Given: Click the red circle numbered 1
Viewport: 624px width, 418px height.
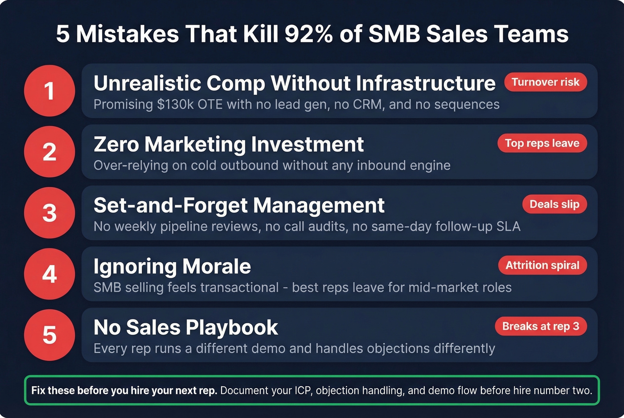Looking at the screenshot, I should (x=49, y=91).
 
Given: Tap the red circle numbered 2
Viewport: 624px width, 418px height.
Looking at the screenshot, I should (x=49, y=152).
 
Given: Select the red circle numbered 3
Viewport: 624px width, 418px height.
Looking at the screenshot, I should (x=49, y=213).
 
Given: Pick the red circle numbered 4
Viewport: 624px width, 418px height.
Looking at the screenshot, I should (x=49, y=274).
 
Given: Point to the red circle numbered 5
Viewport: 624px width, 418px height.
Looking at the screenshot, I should (x=49, y=335).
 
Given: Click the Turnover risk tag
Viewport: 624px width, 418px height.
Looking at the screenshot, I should (x=545, y=82).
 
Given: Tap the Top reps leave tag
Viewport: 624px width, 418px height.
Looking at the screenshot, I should (x=542, y=143).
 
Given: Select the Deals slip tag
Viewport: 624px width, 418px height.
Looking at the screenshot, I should (x=554, y=204).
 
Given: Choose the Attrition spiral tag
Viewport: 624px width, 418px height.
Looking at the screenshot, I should (x=542, y=265).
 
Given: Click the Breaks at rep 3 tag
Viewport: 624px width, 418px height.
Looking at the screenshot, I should (x=541, y=326).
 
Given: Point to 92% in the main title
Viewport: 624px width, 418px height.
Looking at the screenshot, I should (x=308, y=34).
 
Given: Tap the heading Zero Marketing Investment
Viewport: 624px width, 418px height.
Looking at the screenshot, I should (x=229, y=144).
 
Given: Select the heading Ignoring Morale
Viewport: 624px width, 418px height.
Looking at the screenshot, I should (x=172, y=266).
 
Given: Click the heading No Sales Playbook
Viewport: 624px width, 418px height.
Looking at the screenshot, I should (x=186, y=327).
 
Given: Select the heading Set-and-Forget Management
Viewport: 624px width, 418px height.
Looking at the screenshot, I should (x=239, y=205).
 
